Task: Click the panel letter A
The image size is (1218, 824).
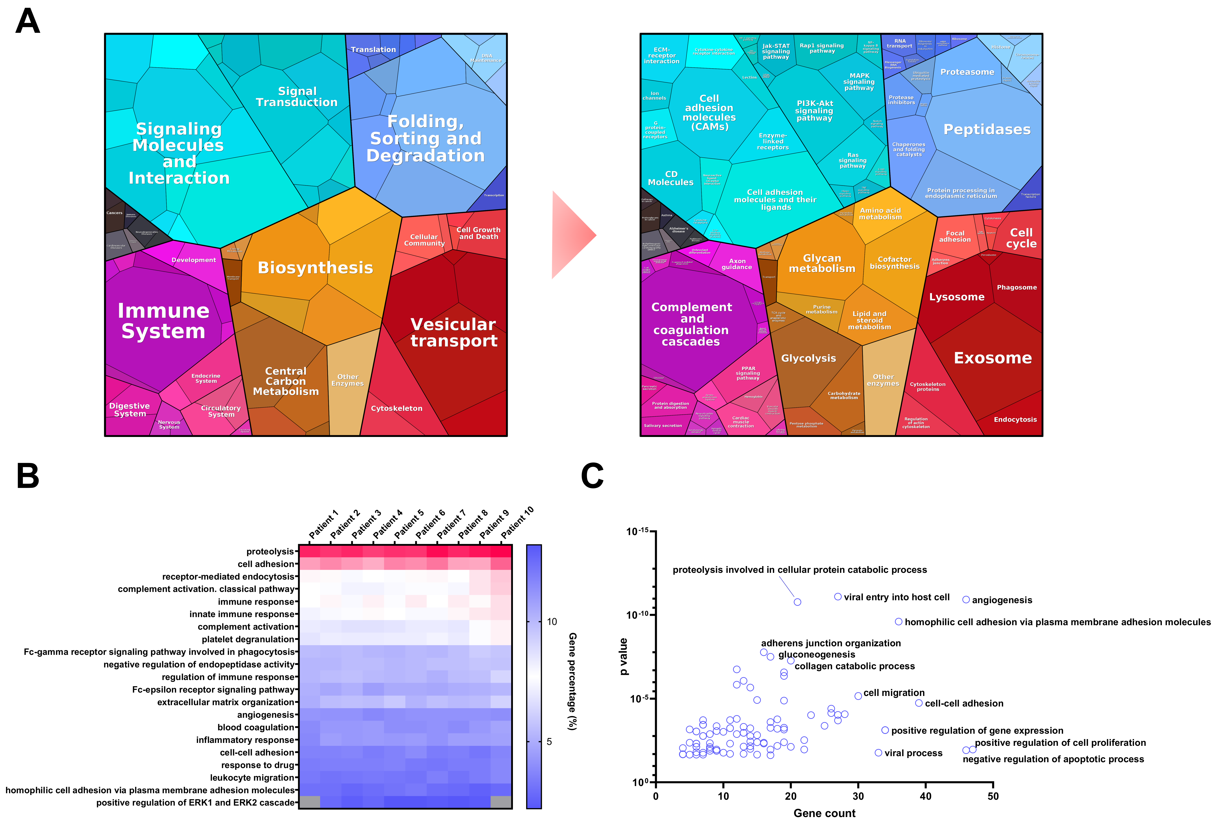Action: (28, 22)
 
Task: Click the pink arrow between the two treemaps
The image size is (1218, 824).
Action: (572, 235)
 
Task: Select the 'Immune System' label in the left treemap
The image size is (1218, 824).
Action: (163, 321)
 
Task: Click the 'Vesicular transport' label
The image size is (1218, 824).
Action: (453, 332)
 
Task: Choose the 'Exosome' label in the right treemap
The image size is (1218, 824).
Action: (992, 358)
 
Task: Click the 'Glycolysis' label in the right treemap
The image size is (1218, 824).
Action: (808, 358)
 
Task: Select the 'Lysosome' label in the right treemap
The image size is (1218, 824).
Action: (956, 297)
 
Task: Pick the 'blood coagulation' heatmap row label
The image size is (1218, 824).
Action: (256, 727)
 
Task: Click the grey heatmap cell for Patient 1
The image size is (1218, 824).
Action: (309, 802)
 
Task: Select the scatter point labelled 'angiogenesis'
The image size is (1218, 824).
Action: (965, 600)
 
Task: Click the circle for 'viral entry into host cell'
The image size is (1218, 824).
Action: (838, 597)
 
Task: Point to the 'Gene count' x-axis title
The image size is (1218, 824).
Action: (824, 813)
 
